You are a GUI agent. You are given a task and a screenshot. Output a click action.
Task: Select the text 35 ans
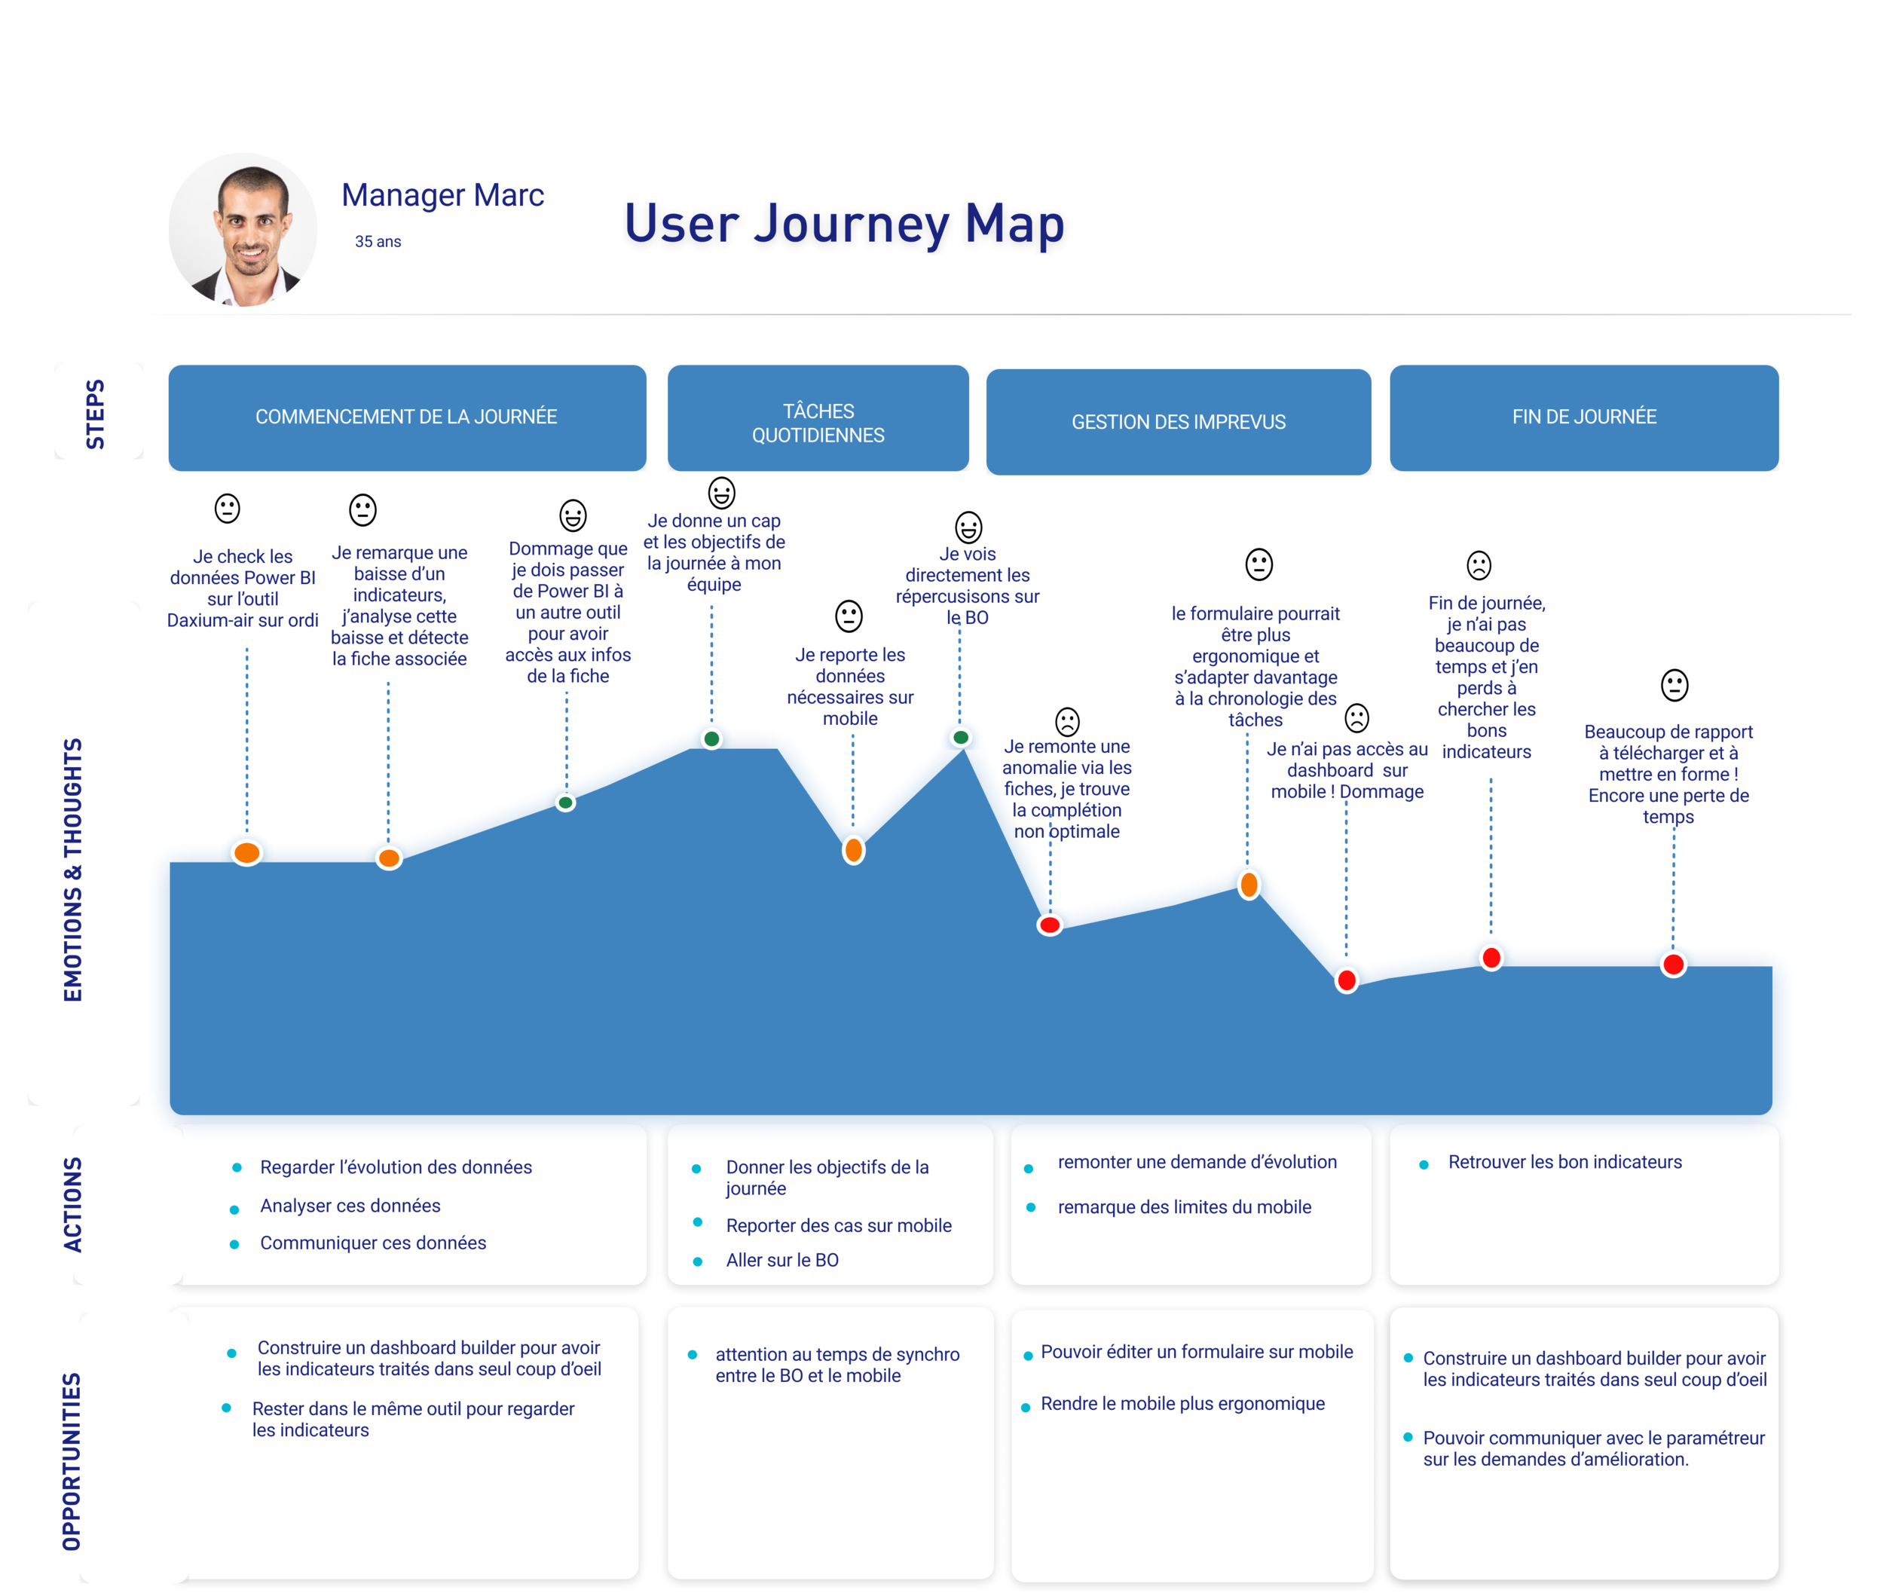click(378, 242)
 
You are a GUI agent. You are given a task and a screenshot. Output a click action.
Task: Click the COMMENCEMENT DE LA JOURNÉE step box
click(406, 417)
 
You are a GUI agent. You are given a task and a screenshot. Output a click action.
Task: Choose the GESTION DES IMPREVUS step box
click(1178, 423)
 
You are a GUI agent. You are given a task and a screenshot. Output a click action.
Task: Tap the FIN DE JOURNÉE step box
click(1583, 417)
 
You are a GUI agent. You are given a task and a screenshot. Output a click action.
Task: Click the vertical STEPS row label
click(95, 414)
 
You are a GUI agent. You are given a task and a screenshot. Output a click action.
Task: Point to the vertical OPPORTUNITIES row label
click(72, 1461)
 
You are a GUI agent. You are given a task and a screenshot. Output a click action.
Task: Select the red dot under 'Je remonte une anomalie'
click(1050, 925)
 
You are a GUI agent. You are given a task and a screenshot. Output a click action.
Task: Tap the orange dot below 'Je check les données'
click(246, 852)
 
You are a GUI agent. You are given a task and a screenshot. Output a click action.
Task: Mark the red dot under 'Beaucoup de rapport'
click(1673, 965)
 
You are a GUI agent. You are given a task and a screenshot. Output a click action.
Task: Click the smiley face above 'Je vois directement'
click(968, 527)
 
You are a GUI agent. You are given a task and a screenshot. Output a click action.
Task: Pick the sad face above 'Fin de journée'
click(1479, 565)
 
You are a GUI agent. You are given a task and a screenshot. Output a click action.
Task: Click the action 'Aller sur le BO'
click(782, 1261)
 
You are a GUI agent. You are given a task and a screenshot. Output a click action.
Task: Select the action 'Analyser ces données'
click(350, 1206)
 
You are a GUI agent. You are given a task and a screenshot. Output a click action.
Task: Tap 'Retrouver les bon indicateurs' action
click(1564, 1162)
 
